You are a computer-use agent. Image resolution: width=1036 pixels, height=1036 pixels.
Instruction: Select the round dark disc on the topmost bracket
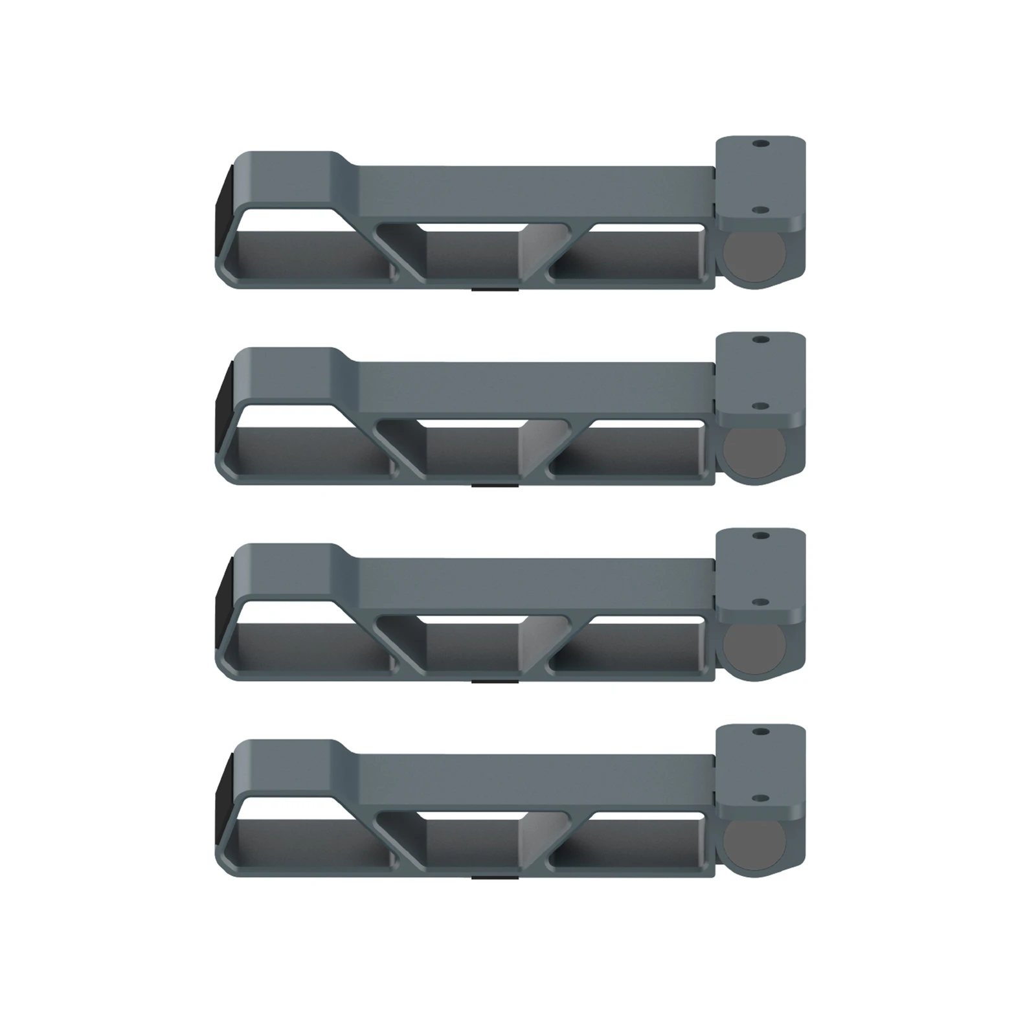[x=754, y=257]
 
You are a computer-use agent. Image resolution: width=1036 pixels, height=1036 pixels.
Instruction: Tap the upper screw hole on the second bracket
[x=761, y=339]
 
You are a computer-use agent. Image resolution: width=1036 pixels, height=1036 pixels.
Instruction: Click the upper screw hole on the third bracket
[x=761, y=535]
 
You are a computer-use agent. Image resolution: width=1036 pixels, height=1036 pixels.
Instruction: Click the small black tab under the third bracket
[x=494, y=681]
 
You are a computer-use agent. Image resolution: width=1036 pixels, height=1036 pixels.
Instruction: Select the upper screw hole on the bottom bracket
[x=761, y=732]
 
